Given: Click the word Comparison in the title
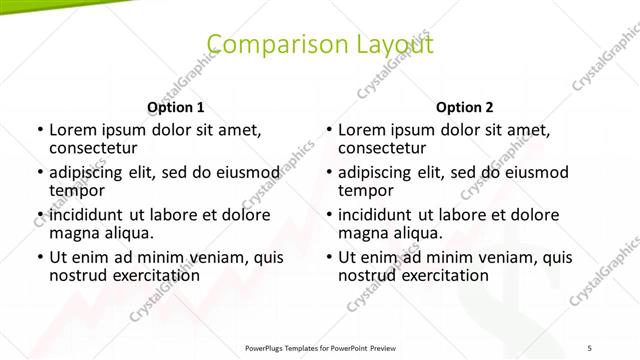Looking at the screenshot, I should pyautogui.click(x=266, y=43).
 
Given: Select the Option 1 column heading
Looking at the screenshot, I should pyautogui.click(x=175, y=107).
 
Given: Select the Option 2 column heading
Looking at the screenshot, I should pyautogui.click(x=465, y=107).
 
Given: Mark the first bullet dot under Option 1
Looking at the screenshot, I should pyautogui.click(x=39, y=130).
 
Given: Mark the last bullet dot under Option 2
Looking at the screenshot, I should pyautogui.click(x=329, y=257).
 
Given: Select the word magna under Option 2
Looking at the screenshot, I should pyautogui.click(x=361, y=233).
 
